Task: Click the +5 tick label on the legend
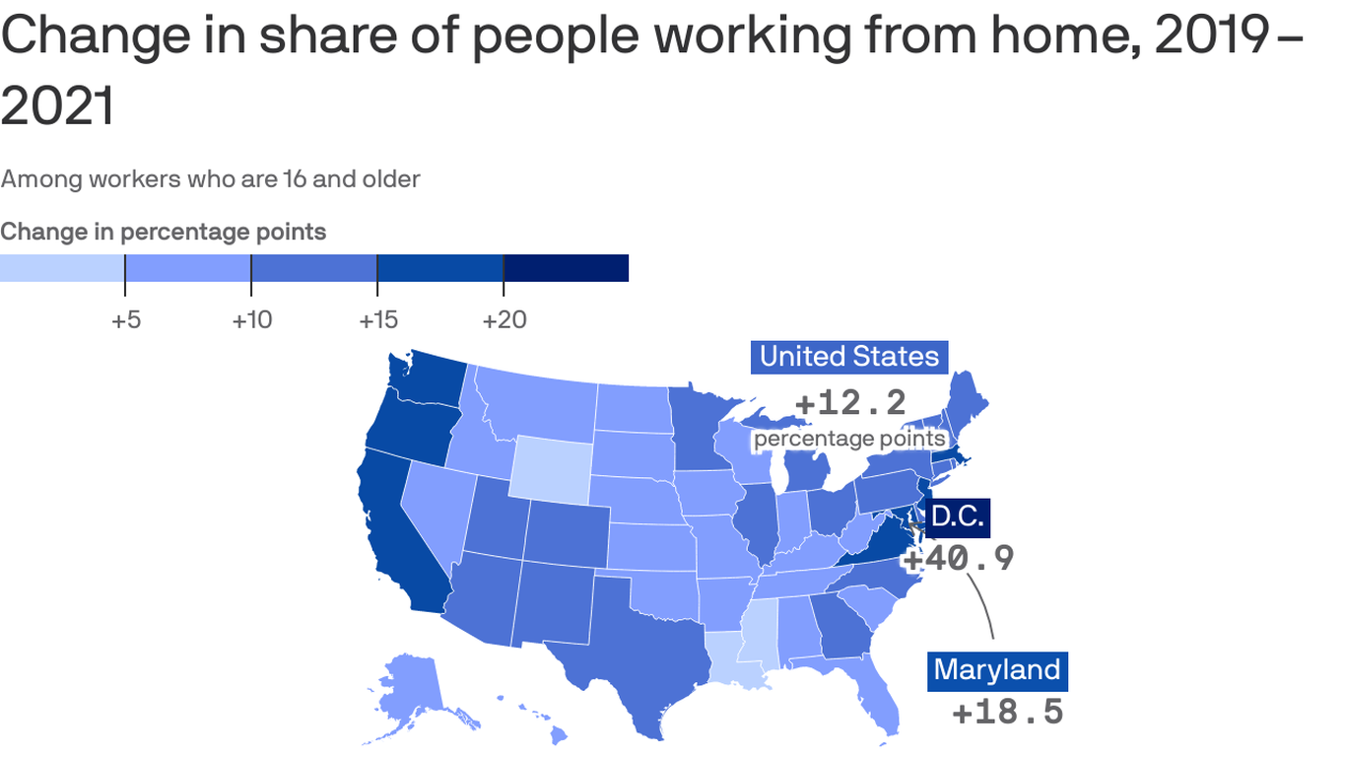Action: point(125,320)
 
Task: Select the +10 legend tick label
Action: point(251,320)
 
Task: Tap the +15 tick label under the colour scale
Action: point(377,320)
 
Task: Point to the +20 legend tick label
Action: point(504,320)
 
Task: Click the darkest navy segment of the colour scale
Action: point(566,268)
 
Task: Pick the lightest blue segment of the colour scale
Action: point(62,268)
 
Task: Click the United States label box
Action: point(849,356)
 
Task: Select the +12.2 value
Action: point(849,402)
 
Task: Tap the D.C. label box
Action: point(957,516)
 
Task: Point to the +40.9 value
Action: point(959,558)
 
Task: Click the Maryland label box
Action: point(997,670)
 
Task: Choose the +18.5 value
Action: point(1007,712)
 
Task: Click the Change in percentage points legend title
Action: point(164,232)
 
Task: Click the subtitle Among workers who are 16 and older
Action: point(210,179)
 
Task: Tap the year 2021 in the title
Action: point(57,106)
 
